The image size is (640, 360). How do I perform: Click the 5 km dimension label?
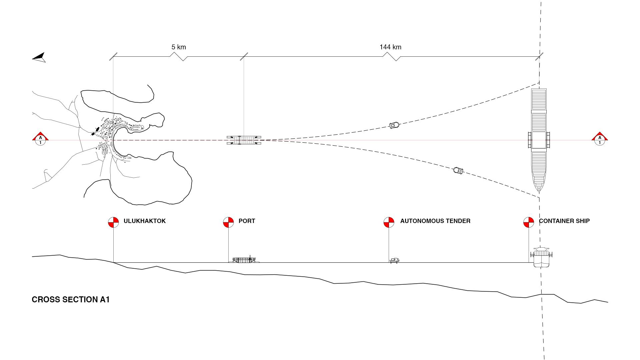(x=179, y=47)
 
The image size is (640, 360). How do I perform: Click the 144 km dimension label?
(x=390, y=47)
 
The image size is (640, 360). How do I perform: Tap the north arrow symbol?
(x=39, y=57)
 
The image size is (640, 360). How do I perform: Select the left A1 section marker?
(x=40, y=139)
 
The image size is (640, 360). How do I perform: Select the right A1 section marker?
(x=600, y=139)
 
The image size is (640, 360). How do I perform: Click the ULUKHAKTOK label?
(x=144, y=221)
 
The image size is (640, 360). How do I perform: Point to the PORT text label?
(x=247, y=221)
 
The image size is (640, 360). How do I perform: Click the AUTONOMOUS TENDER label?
(x=435, y=221)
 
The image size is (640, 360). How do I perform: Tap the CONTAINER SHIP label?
(x=564, y=221)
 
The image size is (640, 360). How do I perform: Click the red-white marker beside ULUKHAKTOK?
(x=113, y=222)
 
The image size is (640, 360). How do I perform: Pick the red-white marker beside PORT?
(x=228, y=222)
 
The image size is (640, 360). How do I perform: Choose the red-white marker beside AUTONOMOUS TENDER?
(x=389, y=222)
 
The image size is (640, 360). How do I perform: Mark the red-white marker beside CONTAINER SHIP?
(x=529, y=222)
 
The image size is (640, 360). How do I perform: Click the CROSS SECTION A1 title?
(x=71, y=300)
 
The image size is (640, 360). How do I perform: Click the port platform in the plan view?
(x=244, y=140)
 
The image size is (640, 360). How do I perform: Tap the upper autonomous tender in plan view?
(x=395, y=125)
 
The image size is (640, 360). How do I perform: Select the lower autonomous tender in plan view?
(x=458, y=171)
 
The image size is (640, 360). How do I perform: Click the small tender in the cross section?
(x=395, y=260)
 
